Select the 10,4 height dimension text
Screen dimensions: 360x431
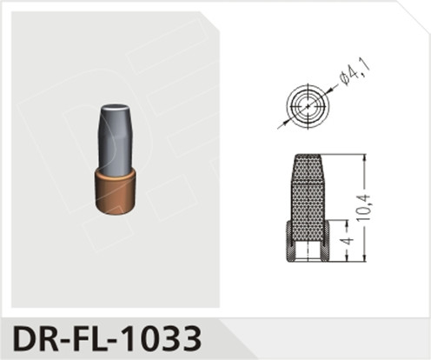tap(367, 207)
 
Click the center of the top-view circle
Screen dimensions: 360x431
tap(306, 106)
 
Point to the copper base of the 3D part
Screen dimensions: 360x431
tap(116, 190)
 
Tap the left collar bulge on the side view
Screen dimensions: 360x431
tap(288, 241)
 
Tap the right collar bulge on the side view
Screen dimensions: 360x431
tap(326, 241)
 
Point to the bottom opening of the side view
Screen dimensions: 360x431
tap(307, 257)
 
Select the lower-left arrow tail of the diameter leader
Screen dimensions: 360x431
tap(281, 126)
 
